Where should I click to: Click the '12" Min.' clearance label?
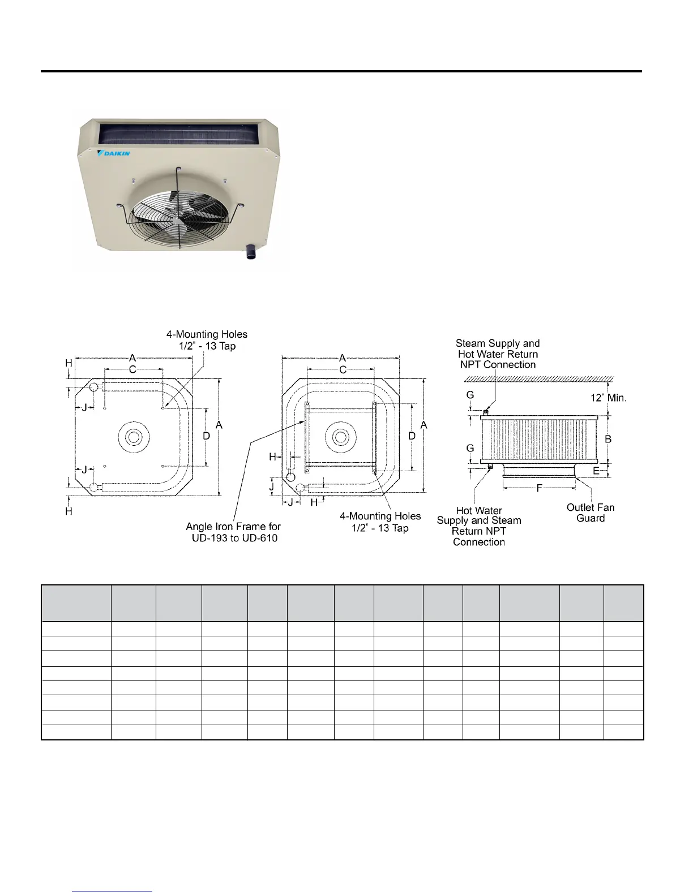(x=609, y=398)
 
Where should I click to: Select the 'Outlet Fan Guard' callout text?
(x=591, y=512)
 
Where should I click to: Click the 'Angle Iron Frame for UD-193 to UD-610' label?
(x=234, y=532)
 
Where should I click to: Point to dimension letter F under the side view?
(x=539, y=488)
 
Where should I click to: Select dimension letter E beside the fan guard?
(x=596, y=471)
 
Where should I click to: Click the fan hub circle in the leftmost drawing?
(x=134, y=437)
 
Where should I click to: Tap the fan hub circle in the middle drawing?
(x=340, y=437)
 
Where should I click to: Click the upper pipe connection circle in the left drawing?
(x=94, y=387)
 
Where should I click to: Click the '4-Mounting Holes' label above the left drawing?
(x=207, y=340)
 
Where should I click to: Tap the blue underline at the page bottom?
(x=113, y=891)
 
